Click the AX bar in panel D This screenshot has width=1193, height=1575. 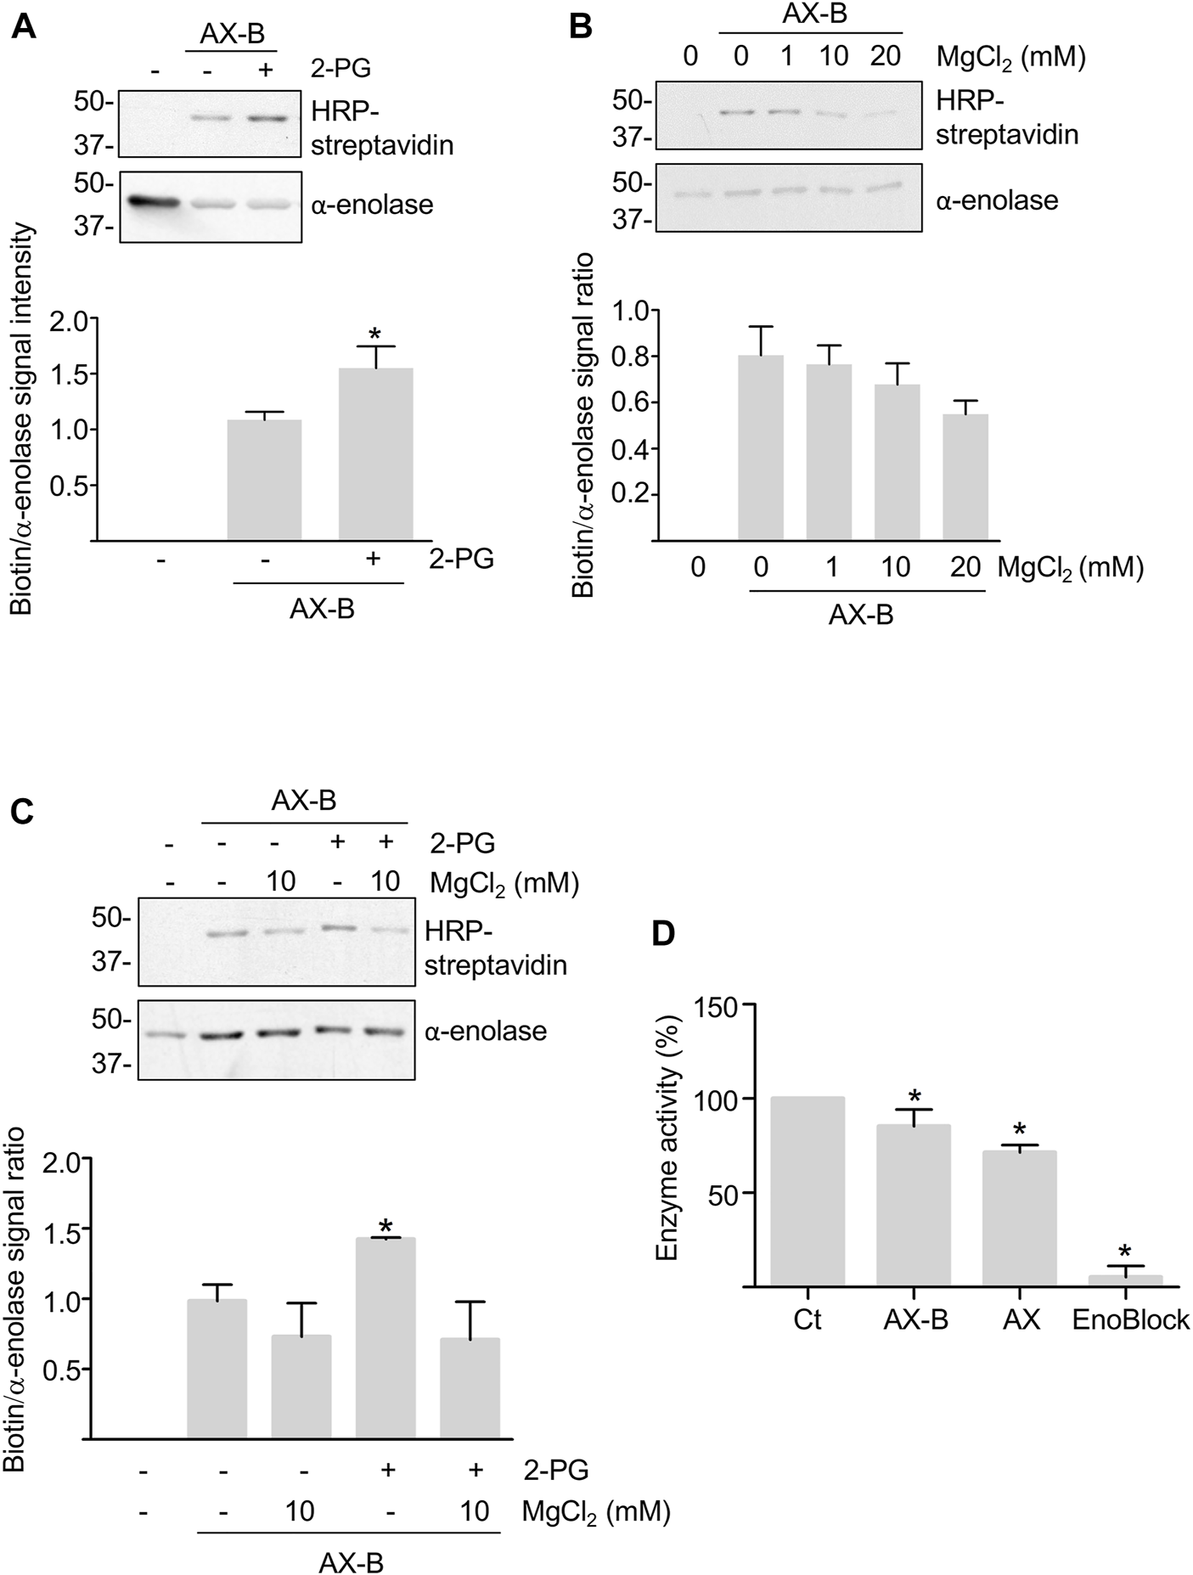(x=1019, y=1218)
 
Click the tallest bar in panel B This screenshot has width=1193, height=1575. (x=760, y=448)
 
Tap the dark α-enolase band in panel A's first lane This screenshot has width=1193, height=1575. (x=154, y=202)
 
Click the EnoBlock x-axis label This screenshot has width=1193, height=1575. (x=1131, y=1320)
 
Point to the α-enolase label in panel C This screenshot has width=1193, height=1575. (x=486, y=1032)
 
